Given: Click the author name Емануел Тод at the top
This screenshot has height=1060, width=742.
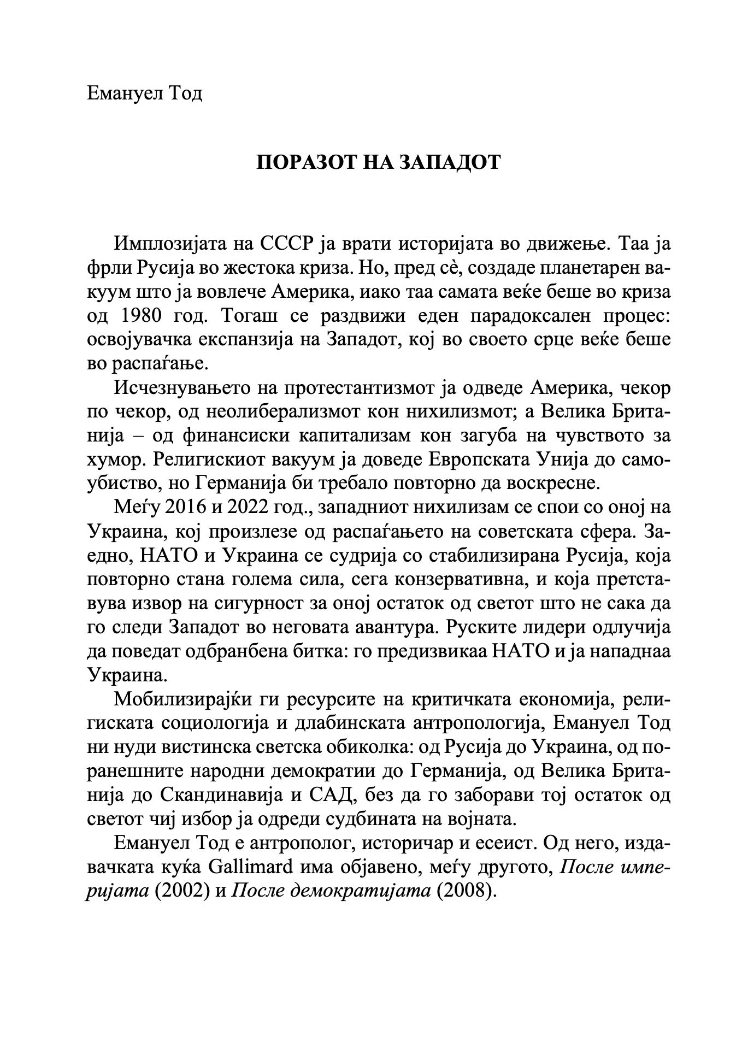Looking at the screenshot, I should click(145, 93).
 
